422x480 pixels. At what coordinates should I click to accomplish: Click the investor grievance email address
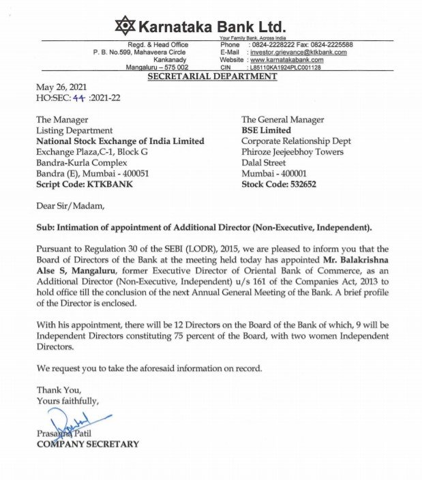pos(298,52)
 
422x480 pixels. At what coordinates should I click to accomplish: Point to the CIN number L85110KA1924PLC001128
pos(285,67)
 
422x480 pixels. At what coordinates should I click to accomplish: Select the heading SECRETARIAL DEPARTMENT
pos(212,76)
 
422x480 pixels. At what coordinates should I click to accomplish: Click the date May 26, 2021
pos(62,89)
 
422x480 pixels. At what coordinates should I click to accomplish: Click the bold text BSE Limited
pos(266,130)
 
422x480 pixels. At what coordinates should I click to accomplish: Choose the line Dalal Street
pos(264,162)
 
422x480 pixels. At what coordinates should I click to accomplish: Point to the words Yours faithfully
pos(67,401)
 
